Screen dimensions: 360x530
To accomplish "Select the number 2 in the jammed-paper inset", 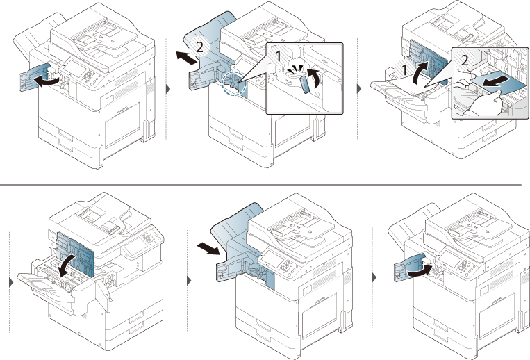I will (x=463, y=60).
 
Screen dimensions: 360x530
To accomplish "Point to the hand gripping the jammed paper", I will (x=479, y=106).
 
